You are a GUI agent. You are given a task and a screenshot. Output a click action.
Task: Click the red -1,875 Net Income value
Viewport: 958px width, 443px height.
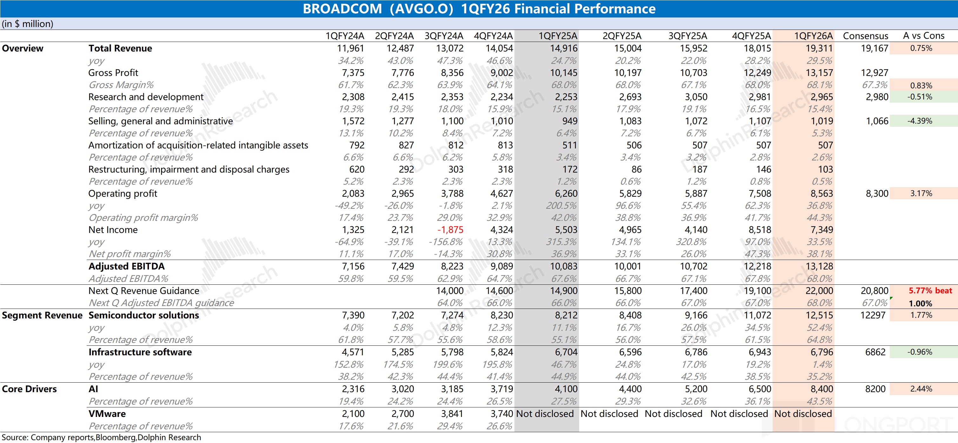450,230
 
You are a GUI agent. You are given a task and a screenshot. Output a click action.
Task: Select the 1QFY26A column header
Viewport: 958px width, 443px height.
813,36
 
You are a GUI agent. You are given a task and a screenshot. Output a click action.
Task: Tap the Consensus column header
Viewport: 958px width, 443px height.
865,36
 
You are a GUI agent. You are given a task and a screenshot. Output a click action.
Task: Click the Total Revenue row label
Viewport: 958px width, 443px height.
120,48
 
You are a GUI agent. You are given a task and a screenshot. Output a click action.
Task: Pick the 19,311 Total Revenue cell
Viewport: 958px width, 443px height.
819,48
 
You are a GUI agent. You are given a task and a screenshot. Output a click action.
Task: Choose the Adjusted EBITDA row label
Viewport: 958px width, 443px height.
126,266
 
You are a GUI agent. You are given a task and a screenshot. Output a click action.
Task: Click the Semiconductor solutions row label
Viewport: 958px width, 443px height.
144,315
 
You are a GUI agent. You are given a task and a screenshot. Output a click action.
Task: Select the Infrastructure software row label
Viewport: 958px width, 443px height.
140,352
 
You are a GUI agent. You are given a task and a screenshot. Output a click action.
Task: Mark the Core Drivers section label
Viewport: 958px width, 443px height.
30,389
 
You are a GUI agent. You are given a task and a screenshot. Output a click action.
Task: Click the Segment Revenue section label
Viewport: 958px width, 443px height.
42,315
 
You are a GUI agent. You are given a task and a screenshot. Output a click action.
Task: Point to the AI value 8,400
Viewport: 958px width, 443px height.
821,389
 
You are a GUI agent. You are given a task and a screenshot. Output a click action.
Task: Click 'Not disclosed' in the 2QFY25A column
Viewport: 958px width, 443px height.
609,413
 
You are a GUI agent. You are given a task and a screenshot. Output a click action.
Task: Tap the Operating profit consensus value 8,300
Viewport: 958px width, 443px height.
877,194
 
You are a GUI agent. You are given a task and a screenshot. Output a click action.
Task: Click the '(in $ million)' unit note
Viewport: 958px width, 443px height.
28,24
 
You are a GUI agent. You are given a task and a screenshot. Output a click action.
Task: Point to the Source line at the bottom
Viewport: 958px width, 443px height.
101,437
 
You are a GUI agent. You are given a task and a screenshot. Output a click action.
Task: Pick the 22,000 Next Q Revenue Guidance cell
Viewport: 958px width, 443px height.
819,291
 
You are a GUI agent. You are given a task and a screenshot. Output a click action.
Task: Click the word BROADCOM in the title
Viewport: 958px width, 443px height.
342,9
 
